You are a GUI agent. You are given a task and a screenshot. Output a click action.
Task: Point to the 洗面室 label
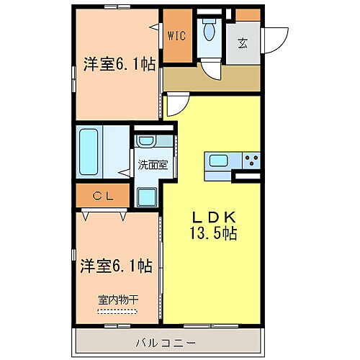[152, 164]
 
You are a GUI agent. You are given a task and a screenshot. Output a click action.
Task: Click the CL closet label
[102, 194]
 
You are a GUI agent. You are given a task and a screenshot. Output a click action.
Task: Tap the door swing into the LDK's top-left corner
[177, 104]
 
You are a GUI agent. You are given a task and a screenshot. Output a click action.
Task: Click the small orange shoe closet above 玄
[248, 14]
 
